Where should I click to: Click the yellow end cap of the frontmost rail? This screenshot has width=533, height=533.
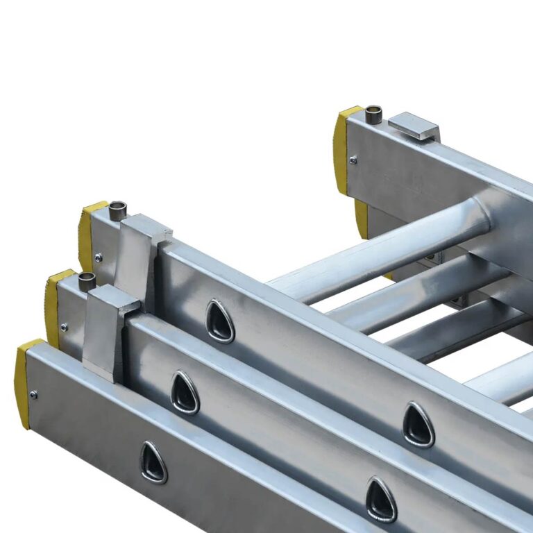[22, 375]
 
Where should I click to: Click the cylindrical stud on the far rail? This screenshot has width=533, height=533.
[373, 114]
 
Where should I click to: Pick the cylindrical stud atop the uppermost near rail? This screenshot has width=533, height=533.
[118, 210]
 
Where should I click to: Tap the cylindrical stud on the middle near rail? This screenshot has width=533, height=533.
[87, 281]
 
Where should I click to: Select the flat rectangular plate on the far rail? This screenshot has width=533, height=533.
[414, 126]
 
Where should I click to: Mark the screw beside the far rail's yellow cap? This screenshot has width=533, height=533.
[353, 160]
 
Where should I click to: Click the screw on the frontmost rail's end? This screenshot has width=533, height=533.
[33, 395]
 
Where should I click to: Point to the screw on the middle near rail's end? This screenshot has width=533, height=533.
[64, 326]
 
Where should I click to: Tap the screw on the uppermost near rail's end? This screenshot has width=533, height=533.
[98, 257]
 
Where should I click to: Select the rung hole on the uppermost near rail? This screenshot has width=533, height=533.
[220, 321]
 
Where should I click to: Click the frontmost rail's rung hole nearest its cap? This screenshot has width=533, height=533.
[153, 462]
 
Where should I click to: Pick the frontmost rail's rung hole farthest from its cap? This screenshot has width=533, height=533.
[381, 500]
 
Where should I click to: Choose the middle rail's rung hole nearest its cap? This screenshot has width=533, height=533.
[185, 393]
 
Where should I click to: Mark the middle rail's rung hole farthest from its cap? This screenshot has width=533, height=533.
[418, 424]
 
